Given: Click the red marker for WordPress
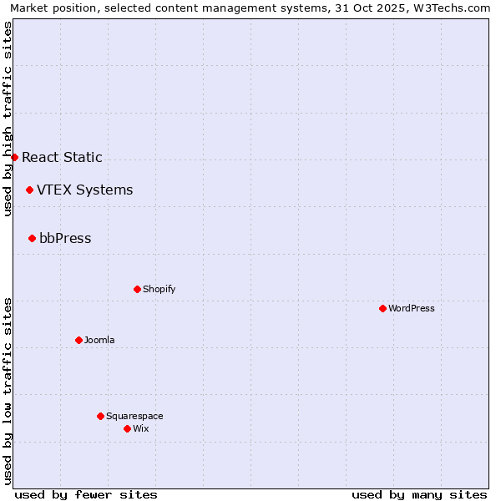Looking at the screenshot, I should (x=382, y=308).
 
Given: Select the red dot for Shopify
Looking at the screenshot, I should (x=137, y=289).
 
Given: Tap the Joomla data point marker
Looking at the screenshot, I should (x=78, y=340).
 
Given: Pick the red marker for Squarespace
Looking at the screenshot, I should (x=100, y=416).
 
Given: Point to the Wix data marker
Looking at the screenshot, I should (x=127, y=428).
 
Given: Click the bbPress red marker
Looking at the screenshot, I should (x=32, y=238).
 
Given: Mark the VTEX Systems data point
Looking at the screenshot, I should (x=29, y=190).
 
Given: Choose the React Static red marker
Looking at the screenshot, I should (x=14, y=157).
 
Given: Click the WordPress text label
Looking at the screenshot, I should (x=412, y=308).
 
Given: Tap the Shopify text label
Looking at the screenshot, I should (x=159, y=289).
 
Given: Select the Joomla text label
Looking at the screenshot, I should (x=99, y=340).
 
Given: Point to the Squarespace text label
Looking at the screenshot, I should (x=134, y=416).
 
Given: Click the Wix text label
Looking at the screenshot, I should (x=141, y=428).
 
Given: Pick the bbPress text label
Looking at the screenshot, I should (x=65, y=238).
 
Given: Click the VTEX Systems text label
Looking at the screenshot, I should (x=84, y=190).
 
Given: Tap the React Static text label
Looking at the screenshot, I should (x=62, y=157).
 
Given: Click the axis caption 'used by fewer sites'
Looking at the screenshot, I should (x=86, y=494).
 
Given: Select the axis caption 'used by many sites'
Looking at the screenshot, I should (x=419, y=494).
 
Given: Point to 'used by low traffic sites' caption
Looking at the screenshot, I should (x=8, y=391).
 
